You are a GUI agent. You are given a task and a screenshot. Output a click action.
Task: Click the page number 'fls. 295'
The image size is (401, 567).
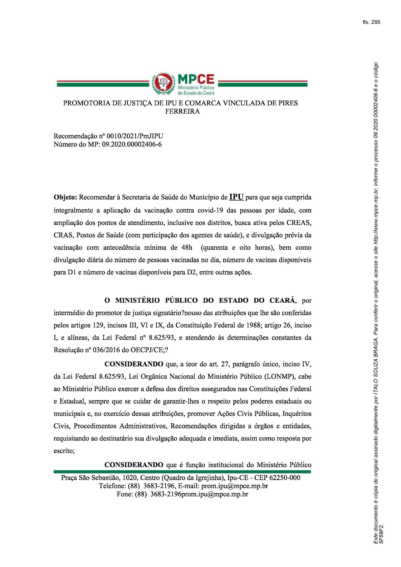(371, 22)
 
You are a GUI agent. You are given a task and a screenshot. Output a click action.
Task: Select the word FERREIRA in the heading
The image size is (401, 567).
(182, 112)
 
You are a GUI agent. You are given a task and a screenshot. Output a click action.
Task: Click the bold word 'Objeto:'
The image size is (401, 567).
(65, 198)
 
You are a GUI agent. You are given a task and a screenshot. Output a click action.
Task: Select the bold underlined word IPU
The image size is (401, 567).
(236, 197)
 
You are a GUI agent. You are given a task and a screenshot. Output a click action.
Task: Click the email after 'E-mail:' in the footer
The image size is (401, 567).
(234, 486)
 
